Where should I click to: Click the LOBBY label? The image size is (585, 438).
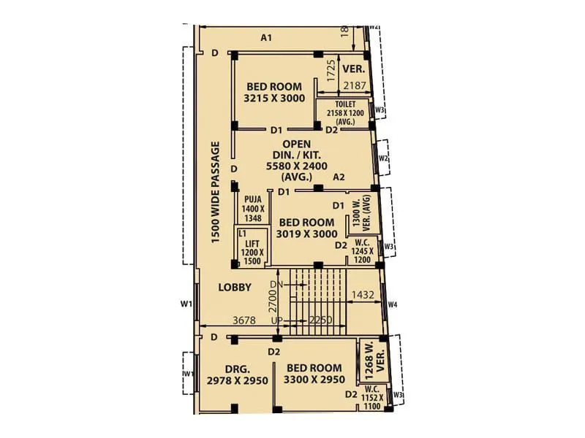[235, 288]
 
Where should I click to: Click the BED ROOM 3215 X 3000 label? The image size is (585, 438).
[273, 93]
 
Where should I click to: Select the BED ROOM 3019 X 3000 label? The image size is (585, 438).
[307, 228]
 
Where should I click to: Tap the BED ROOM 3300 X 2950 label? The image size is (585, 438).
[314, 374]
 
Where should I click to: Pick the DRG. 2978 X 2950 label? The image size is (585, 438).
[237, 374]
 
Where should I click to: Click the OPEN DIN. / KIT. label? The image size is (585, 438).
[297, 160]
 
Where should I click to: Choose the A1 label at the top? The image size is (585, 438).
[266, 37]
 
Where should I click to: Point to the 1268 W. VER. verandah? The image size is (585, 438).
[374, 361]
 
